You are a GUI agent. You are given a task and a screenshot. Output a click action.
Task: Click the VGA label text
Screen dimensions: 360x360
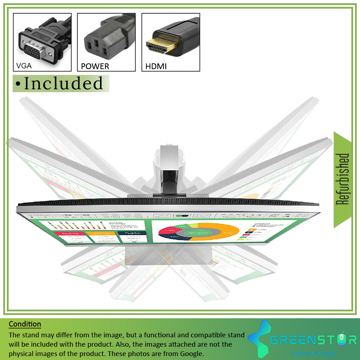[24, 66]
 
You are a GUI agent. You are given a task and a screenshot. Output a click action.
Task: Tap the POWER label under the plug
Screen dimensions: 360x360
[95, 66]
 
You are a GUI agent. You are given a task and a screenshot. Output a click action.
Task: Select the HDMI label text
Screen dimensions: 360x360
[156, 66]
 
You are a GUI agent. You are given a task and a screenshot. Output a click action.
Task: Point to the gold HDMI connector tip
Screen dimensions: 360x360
[161, 46]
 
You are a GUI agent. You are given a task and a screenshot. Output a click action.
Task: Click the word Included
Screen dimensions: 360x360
[63, 84]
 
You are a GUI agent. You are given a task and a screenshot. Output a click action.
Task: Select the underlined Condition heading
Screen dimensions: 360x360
[25, 324]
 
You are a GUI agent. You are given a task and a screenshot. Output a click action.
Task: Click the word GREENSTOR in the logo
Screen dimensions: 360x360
[313, 340]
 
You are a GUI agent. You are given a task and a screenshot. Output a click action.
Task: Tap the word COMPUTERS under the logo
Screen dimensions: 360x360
[314, 354]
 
